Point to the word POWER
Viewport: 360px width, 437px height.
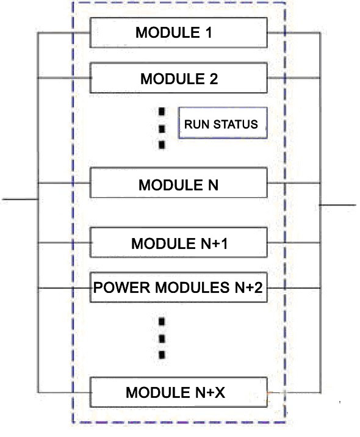(122, 287)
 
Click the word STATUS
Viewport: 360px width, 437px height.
(236, 125)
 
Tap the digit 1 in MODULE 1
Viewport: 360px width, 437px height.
(209, 32)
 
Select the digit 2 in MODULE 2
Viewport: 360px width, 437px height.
(214, 79)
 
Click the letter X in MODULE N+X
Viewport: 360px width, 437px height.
(220, 392)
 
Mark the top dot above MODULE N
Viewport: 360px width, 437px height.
(162, 112)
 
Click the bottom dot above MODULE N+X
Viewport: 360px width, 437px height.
(162, 355)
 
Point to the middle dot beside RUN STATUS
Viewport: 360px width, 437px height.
(162, 129)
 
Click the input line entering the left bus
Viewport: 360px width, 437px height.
(20, 199)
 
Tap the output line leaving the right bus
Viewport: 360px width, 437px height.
(337, 205)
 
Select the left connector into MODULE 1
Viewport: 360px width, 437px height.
(64, 32)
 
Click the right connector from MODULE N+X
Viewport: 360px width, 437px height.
(293, 392)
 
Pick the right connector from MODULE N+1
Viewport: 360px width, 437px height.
(293, 242)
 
